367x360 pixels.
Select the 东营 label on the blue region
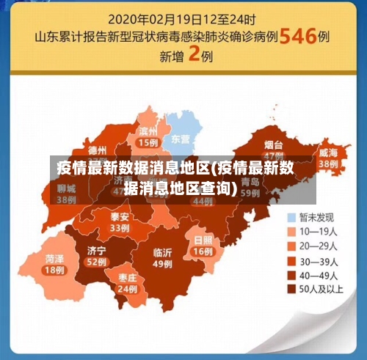tap(181, 139)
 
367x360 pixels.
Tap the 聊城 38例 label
tap(67, 192)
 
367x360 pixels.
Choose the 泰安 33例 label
tap(120, 222)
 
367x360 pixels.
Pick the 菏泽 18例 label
tap(54, 264)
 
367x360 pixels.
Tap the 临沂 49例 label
tap(162, 258)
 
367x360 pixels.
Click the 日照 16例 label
tap(203, 245)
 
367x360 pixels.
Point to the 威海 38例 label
tap(327, 158)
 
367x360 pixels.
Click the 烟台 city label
tap(274, 146)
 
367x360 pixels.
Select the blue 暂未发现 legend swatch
tap(291, 217)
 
